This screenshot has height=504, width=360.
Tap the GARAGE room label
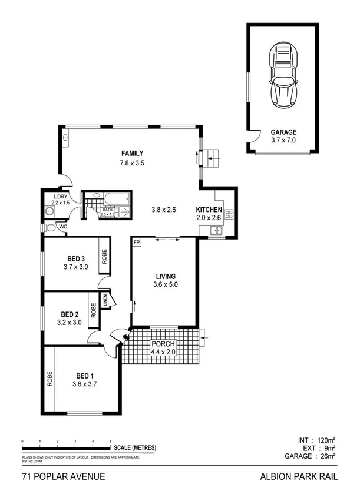point(283,132)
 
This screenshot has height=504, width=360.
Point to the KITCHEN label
point(209,210)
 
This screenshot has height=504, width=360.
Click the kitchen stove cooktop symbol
point(229,214)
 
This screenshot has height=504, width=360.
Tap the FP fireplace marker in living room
point(137,243)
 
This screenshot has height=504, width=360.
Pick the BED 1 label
point(84,376)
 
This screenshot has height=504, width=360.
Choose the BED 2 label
point(70,314)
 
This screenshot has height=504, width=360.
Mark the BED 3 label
point(76,258)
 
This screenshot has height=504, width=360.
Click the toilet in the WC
point(51,227)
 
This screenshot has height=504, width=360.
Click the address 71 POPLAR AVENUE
point(64,476)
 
